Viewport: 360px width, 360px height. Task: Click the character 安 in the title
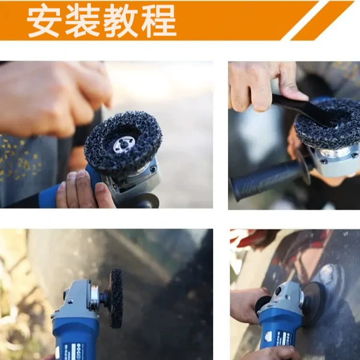44,21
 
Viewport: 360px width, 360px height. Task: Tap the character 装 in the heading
82,21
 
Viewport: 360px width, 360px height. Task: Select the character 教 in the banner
121,21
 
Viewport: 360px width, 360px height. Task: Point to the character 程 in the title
158,21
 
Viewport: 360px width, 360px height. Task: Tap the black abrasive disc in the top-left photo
124,142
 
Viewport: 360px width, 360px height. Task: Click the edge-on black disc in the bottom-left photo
116,298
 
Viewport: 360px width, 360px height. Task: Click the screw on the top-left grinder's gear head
152,169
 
